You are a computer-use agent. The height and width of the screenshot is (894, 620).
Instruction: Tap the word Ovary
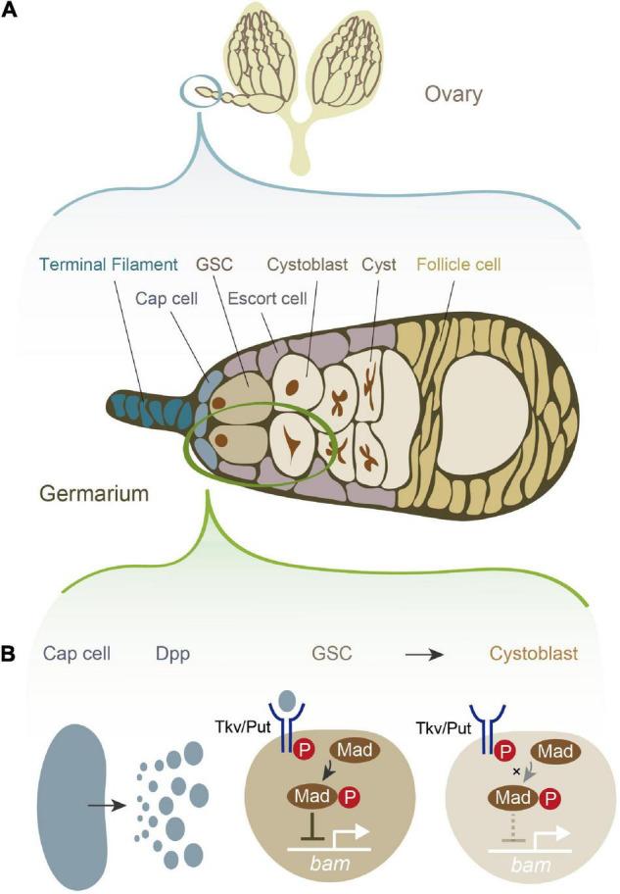(455, 96)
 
